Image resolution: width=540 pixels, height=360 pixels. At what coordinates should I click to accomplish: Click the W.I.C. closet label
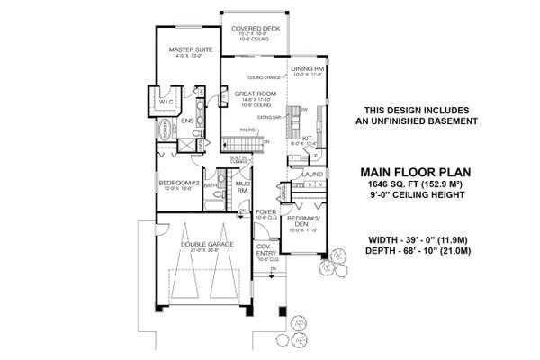coord(167,102)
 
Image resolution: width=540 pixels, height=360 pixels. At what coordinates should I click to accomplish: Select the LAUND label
coord(313,174)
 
